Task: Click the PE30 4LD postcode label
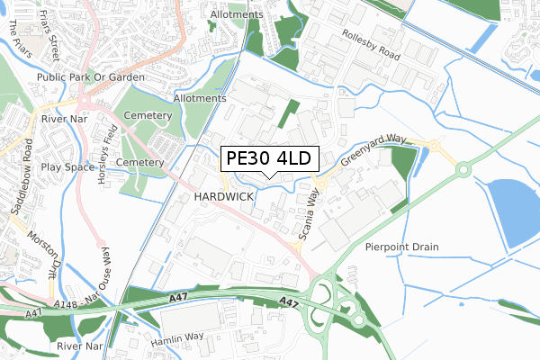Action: pos(268,159)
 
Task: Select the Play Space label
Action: pos(67,167)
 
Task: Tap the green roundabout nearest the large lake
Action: pos(464,168)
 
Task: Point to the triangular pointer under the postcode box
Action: pos(268,176)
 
